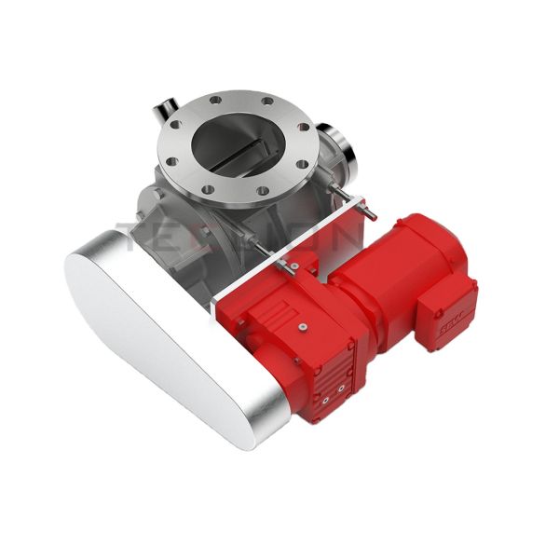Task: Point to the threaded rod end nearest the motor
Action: click(372, 213)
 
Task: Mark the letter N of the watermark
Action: click(345, 233)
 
